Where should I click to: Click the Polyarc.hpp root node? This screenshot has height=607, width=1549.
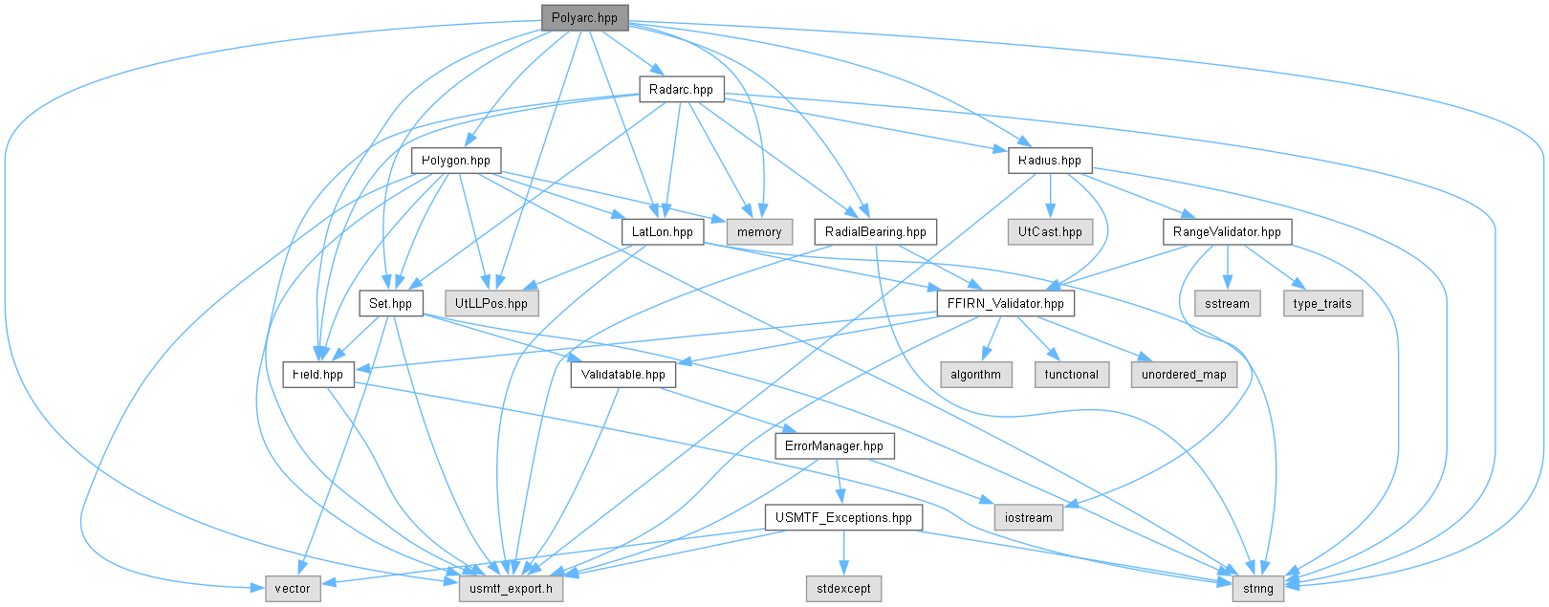(x=584, y=18)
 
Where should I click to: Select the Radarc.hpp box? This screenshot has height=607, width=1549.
(x=681, y=90)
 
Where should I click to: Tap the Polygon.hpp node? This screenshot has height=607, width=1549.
(x=456, y=162)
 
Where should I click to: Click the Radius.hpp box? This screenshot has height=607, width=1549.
(x=1050, y=162)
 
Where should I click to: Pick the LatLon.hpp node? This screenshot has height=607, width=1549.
(x=662, y=232)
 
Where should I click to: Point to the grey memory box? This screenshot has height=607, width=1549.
(x=759, y=232)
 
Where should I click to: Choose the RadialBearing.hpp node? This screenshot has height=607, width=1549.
(x=876, y=232)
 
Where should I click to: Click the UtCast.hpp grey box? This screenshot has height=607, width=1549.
(x=1050, y=232)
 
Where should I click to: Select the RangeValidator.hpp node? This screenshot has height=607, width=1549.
(x=1227, y=232)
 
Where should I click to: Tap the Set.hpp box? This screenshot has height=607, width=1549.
(x=391, y=304)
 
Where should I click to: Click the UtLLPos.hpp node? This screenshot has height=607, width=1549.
(x=491, y=304)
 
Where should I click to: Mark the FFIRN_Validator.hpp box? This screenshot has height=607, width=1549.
(x=1006, y=304)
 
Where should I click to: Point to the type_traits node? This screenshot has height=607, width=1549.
(x=1322, y=304)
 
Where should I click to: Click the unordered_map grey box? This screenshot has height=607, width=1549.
(x=1184, y=375)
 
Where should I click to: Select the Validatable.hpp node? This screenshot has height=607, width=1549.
(x=623, y=375)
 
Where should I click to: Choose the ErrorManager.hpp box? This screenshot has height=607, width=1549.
(x=834, y=445)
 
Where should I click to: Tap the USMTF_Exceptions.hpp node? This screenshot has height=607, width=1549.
(x=843, y=517)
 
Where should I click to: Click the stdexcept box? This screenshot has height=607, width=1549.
(x=843, y=588)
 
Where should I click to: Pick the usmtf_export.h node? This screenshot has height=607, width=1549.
(x=511, y=588)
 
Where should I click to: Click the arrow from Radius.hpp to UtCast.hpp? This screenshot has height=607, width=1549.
(x=1050, y=196)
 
